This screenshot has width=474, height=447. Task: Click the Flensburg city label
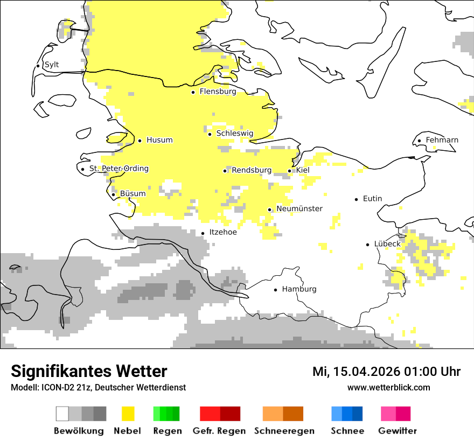click(x=218, y=92)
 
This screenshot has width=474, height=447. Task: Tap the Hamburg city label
click(x=299, y=289)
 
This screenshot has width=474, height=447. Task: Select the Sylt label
click(x=52, y=65)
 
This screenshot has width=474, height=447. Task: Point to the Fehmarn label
click(x=442, y=140)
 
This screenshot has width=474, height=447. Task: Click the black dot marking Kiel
click(x=290, y=171)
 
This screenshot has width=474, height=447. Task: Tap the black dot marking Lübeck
click(x=368, y=244)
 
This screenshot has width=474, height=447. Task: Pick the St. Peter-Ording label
click(x=119, y=169)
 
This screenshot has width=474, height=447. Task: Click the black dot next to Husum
click(x=140, y=141)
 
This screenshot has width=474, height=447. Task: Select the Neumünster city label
click(x=299, y=209)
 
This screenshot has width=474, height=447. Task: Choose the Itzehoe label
click(x=222, y=233)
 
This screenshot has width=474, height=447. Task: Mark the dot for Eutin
click(x=357, y=199)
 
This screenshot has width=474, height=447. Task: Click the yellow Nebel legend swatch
click(x=128, y=414)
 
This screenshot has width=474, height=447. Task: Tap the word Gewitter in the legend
click(x=397, y=431)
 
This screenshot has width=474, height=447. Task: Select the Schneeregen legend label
click(x=284, y=431)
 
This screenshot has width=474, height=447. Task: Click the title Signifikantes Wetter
click(x=89, y=371)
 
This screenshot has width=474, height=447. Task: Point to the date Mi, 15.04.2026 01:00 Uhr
click(x=386, y=372)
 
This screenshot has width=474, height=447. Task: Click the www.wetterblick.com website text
click(x=388, y=388)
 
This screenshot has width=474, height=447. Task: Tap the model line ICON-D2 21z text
click(x=98, y=388)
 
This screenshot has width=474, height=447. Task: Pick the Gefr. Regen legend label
click(x=219, y=431)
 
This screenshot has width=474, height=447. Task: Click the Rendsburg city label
click(x=252, y=170)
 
